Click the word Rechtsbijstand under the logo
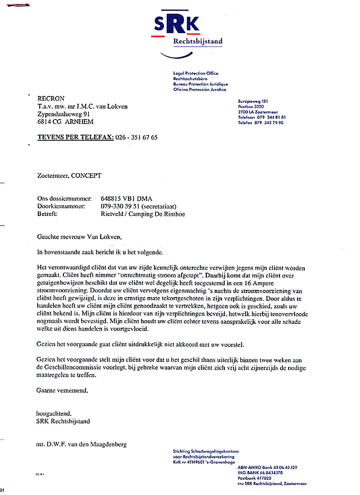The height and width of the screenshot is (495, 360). click(198, 41)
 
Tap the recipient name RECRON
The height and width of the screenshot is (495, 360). click(51, 99)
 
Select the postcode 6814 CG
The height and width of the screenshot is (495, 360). click(49, 122)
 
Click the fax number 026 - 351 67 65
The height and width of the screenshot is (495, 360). click(136, 138)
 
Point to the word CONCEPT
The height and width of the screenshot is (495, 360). click(86, 176)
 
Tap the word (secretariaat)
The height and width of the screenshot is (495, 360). click(159, 206)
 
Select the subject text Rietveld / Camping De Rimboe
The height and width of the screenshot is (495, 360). click(143, 214)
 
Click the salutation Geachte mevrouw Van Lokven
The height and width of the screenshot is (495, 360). click(79, 237)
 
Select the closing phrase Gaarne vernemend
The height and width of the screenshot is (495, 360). click(62, 391)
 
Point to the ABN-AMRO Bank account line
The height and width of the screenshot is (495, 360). click(267, 467)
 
